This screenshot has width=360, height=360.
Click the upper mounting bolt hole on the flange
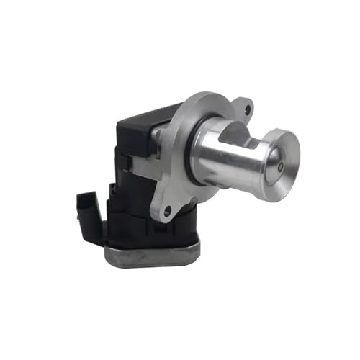pos(248,110)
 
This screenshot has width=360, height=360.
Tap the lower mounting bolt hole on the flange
pos(168,210)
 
